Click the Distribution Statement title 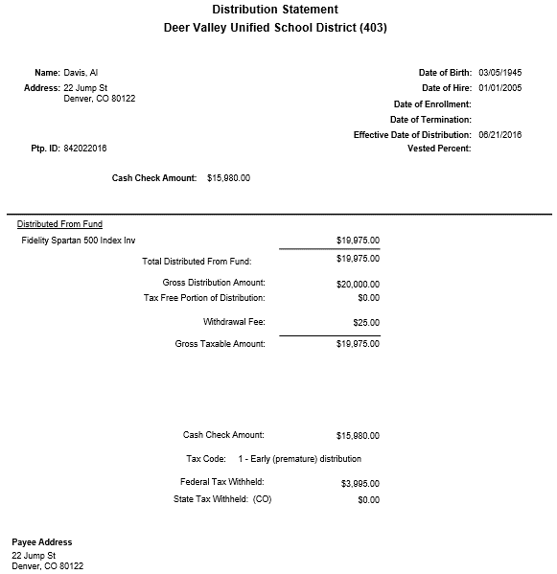[x=274, y=10]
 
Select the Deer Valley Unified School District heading [x=275, y=27]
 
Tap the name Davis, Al [x=81, y=73]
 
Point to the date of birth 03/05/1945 [x=499, y=73]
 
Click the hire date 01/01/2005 [x=499, y=88]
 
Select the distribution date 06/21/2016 [x=499, y=135]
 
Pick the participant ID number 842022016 [x=85, y=149]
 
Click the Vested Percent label [x=439, y=149]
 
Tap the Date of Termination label [x=430, y=120]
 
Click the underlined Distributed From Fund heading [x=60, y=224]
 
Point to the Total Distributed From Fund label [x=203, y=261]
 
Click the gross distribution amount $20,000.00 [x=359, y=284]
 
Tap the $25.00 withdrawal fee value [x=366, y=323]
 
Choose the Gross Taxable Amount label [x=220, y=343]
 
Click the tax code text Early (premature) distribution [x=305, y=459]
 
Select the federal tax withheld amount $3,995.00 [x=360, y=484]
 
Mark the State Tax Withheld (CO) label [x=222, y=499]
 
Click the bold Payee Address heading [x=42, y=542]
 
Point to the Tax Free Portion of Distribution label [x=204, y=297]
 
